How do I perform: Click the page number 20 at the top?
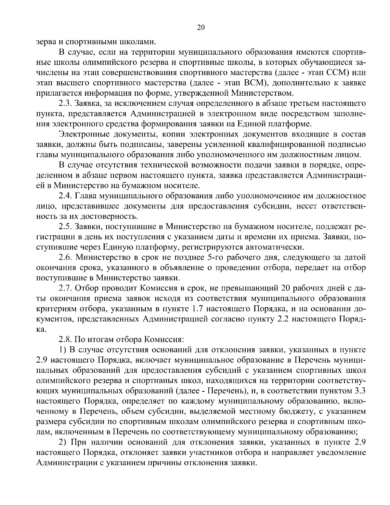pyautogui.click(x=201, y=28)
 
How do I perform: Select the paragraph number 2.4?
pyautogui.click(x=65, y=196)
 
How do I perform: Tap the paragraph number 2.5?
pyautogui.click(x=65, y=227)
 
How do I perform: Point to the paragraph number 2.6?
pyautogui.click(x=65, y=258)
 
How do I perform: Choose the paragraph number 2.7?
pyautogui.click(x=65, y=288)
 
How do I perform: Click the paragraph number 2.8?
pyautogui.click(x=65, y=339)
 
